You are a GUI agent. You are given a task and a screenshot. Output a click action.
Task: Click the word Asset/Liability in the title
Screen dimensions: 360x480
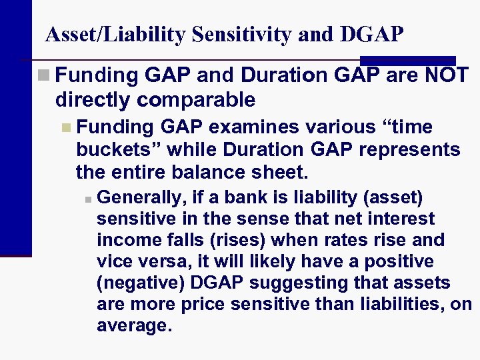coord(113,35)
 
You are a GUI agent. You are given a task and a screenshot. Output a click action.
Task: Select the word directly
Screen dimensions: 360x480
coord(95,100)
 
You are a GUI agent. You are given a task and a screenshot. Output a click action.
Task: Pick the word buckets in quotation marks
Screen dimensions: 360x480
coord(114,150)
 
